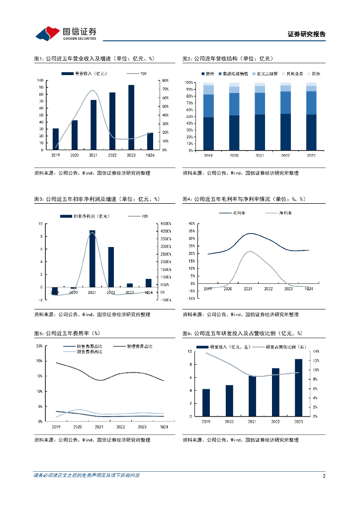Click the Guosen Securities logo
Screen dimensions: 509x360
point(65,34)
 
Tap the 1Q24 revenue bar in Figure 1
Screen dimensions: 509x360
point(150,141)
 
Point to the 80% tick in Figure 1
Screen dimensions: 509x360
point(165,81)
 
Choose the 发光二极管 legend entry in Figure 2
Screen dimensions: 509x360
point(266,74)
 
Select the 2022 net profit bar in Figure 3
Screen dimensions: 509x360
point(111,267)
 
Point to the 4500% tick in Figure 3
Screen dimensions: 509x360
point(165,224)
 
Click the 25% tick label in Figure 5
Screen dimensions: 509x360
point(39,346)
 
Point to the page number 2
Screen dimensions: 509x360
point(324,476)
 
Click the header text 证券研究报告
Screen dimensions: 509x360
point(307,34)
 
